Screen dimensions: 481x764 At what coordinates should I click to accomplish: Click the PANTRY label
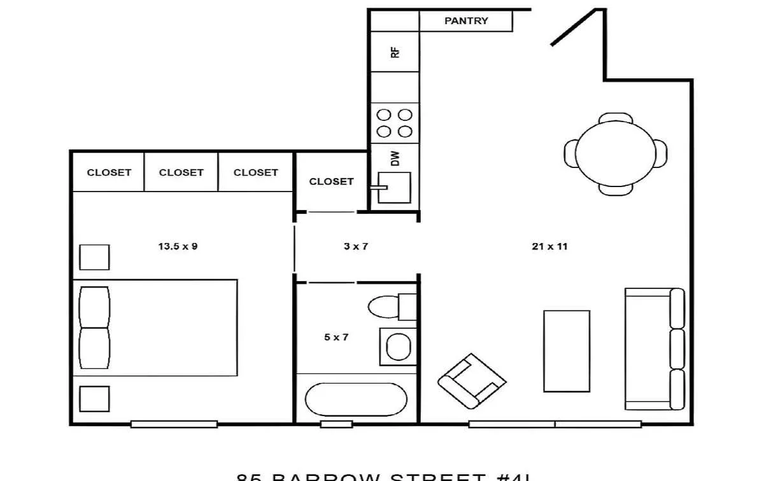[466, 21]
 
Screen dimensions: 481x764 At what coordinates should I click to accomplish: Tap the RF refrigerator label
[395, 52]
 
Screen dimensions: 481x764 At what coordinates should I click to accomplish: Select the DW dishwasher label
[395, 158]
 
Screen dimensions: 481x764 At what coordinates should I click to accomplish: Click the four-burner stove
[395, 123]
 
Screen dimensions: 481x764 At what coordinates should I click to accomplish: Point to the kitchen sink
[395, 188]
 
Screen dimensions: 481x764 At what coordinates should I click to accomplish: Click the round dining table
[616, 153]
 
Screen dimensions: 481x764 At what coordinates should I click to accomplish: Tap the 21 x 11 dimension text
[549, 246]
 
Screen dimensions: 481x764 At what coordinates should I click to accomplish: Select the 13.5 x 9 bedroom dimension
[178, 246]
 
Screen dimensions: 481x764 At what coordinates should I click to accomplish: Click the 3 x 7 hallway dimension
[355, 246]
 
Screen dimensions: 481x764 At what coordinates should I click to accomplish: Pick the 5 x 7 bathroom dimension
[336, 337]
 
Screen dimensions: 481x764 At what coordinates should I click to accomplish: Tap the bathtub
[356, 399]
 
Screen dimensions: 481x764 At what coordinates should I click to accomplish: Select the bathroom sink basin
[399, 347]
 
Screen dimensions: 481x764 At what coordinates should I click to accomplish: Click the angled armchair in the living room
[472, 381]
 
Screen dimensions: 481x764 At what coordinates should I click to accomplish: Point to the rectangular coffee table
[566, 351]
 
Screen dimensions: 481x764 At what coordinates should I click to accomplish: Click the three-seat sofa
[654, 349]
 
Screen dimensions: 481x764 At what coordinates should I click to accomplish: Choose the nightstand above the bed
[94, 257]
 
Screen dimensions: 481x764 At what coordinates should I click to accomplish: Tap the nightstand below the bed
[94, 399]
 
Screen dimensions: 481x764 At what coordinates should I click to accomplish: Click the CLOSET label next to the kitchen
[331, 181]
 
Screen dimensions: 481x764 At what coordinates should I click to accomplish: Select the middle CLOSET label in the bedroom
[181, 172]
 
